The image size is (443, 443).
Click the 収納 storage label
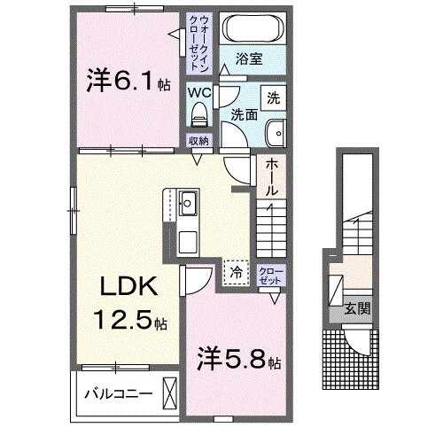[198, 140]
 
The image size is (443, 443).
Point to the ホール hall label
[271, 177]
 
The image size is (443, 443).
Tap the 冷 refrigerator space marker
[236, 273]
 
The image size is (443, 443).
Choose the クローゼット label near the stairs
[270, 275]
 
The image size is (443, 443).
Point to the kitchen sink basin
[189, 203]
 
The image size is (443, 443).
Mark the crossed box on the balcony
[170, 392]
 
